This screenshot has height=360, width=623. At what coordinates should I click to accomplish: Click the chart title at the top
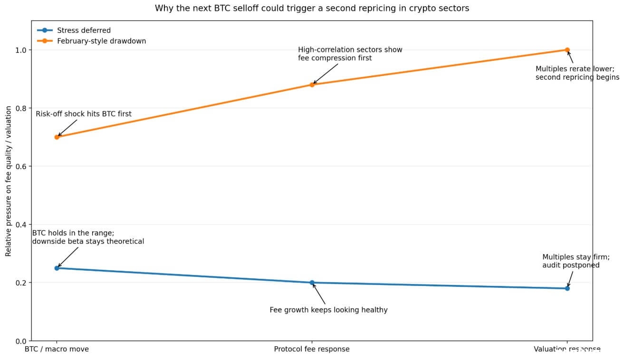click(312, 9)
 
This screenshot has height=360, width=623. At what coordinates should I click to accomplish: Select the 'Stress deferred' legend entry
click(83, 30)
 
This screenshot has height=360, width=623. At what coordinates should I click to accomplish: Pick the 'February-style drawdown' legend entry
click(101, 41)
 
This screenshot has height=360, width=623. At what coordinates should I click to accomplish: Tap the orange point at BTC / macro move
click(57, 137)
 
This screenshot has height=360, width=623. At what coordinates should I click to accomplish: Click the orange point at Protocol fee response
click(312, 85)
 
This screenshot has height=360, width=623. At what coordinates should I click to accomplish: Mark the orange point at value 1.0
click(567, 50)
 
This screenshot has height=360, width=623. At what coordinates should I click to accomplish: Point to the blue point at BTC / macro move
click(57, 268)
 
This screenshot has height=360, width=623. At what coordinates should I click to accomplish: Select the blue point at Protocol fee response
click(312, 283)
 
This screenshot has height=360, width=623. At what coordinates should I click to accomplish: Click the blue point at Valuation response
click(567, 288)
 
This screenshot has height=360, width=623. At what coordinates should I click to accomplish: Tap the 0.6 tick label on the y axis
click(21, 166)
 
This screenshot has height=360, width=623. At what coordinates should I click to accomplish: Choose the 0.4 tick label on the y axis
click(21, 225)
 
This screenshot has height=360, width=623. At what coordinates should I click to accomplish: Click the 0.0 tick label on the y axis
click(21, 341)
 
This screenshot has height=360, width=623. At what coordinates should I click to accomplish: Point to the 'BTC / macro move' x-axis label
click(57, 350)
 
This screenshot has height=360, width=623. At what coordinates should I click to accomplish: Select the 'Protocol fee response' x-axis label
click(312, 350)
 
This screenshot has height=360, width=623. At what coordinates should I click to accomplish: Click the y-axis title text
click(9, 181)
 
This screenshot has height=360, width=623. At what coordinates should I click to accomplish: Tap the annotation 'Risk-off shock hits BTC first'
click(84, 114)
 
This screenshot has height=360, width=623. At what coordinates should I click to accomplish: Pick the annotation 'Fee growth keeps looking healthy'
click(328, 310)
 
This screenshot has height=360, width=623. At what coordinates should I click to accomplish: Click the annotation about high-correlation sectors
click(350, 54)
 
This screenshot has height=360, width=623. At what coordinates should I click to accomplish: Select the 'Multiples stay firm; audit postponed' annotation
click(575, 261)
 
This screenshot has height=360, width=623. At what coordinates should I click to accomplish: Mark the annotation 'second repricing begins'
click(577, 77)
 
